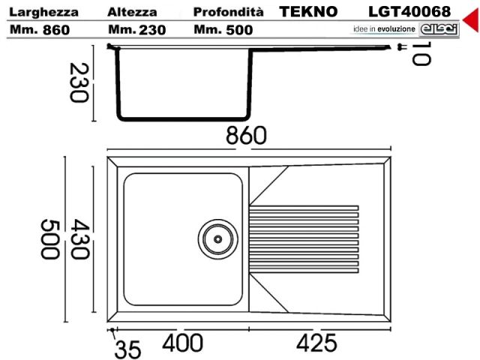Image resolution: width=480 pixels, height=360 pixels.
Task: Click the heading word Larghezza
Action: [x=43, y=12]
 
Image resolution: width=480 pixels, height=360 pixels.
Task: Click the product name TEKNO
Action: [x=309, y=12]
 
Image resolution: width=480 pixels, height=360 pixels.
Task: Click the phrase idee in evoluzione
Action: [x=383, y=29]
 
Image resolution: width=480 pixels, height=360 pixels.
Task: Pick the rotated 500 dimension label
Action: [x=51, y=239]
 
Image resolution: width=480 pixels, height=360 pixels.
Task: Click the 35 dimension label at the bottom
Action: [x=128, y=349]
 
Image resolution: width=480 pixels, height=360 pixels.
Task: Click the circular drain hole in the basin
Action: [x=217, y=238]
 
